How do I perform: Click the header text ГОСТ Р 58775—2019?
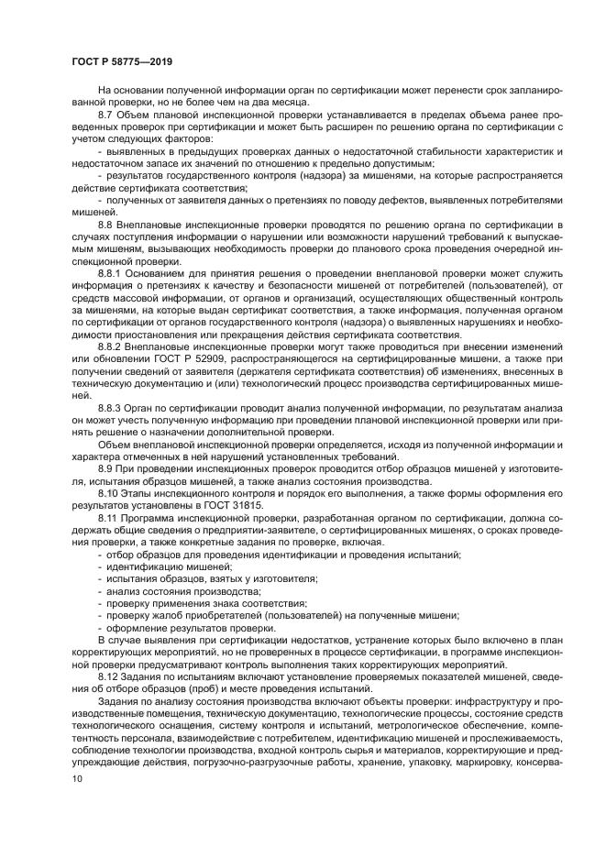[x=122, y=61]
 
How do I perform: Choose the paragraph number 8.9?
[x=104, y=468]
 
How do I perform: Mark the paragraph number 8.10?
[x=106, y=492]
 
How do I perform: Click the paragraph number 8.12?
[x=106, y=676]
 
